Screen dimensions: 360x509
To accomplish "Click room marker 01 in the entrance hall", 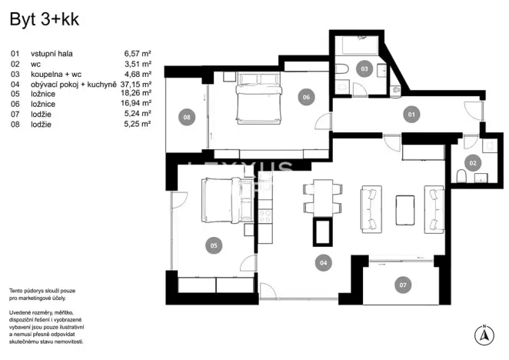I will pos(411,115).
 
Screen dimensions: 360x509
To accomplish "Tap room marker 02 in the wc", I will pos(474,162).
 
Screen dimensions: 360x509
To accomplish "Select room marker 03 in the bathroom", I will pos(364,68).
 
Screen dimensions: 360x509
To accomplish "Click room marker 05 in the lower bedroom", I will pos(214,246).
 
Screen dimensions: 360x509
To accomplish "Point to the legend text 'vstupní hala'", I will pos(51,54).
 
